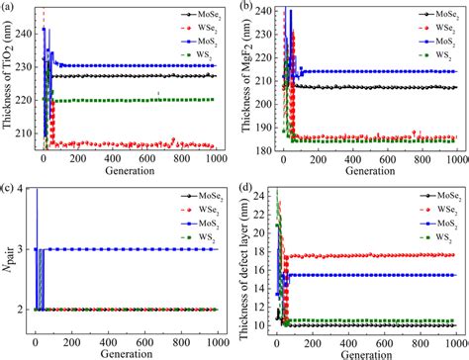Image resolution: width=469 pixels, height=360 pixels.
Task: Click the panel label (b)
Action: [245, 8]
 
